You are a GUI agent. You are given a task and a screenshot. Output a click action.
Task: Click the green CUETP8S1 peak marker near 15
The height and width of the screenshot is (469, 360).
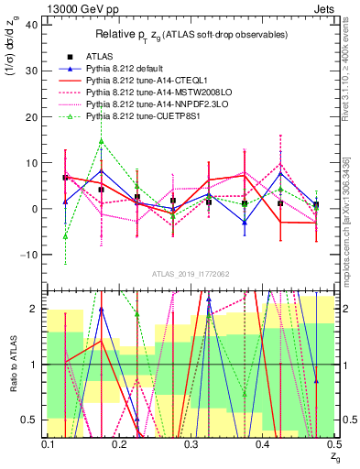pos(101,141)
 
